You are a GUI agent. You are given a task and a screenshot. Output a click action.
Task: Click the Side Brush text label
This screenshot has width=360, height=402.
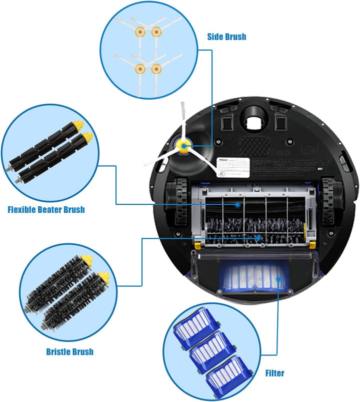click(226, 37)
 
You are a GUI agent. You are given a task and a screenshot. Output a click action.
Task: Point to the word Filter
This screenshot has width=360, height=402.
click(274, 373)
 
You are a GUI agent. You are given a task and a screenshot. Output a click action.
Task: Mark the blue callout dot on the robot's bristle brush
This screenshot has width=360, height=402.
click(258, 238)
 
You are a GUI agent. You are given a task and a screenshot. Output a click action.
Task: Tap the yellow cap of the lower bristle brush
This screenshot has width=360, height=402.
click(103, 276)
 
